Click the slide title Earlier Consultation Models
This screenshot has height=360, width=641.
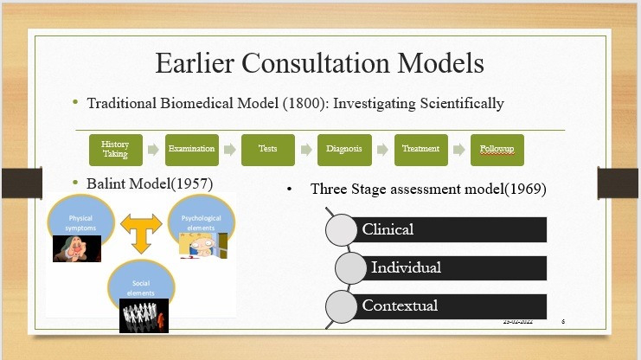point(319,63)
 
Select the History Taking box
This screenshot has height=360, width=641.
point(114,149)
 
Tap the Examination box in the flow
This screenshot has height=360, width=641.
point(190,149)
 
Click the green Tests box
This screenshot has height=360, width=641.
point(267,149)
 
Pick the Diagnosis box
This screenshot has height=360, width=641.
point(343,149)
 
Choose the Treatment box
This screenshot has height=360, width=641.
point(420,149)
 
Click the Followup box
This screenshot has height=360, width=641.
point(497,149)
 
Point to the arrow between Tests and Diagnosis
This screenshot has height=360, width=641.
point(305,149)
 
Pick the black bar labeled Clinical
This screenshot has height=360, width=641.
point(450,229)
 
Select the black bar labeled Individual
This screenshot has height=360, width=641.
point(454,267)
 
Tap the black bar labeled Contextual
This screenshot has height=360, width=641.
point(450,305)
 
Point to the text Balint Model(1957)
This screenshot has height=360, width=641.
point(150,183)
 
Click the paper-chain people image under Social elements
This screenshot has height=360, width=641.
point(143,315)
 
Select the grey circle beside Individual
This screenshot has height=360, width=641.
point(351,267)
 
